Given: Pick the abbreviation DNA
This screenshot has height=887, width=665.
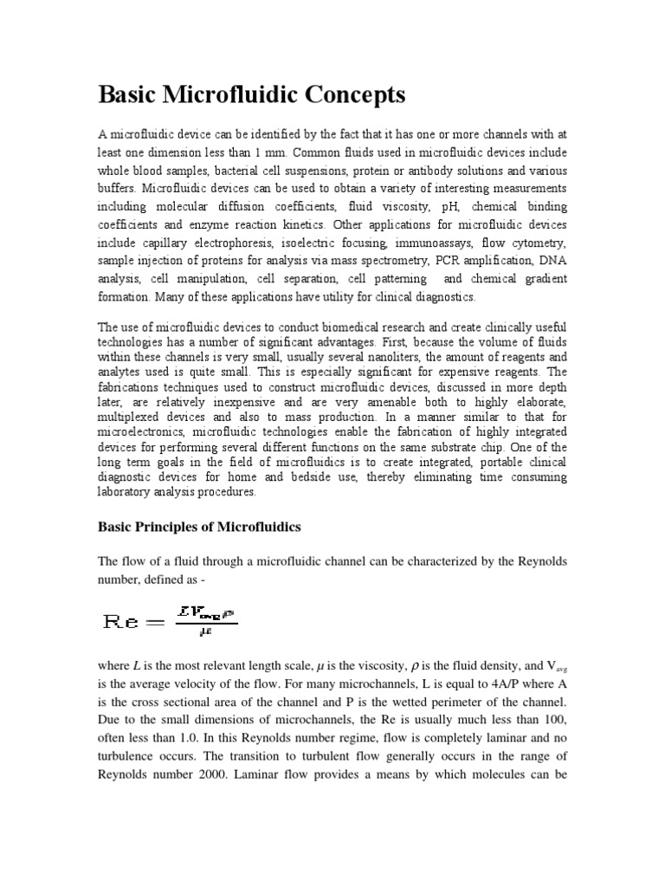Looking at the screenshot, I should (551, 261).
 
